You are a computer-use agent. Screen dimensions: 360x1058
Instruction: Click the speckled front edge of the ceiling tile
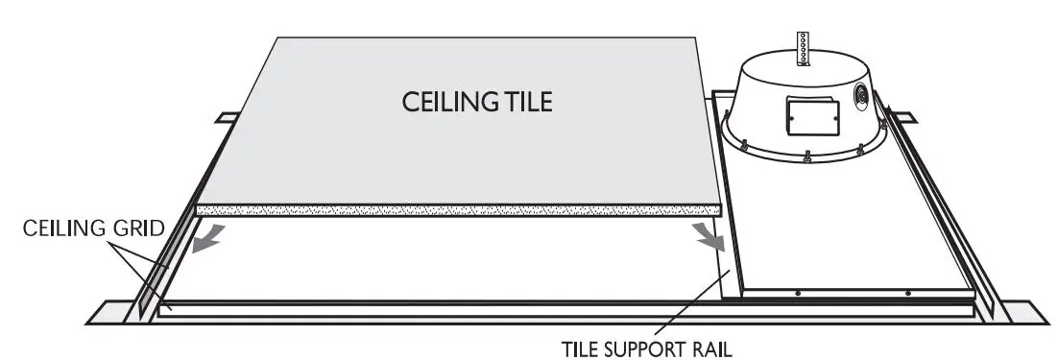(x=459, y=208)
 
